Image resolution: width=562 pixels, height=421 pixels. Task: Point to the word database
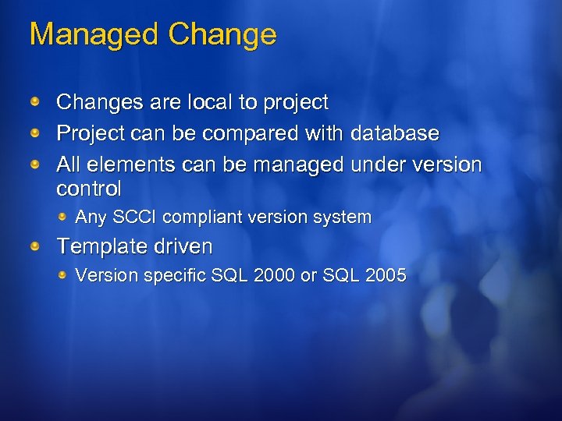395,133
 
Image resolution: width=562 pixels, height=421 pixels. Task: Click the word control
89,189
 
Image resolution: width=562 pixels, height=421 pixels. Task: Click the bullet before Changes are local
36,102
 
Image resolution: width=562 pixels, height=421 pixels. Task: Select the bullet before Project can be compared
36,133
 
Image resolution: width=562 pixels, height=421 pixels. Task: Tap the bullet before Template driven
36,247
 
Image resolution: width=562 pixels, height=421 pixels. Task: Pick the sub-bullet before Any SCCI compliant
63,216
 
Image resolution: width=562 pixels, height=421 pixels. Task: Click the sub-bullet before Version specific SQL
63,274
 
